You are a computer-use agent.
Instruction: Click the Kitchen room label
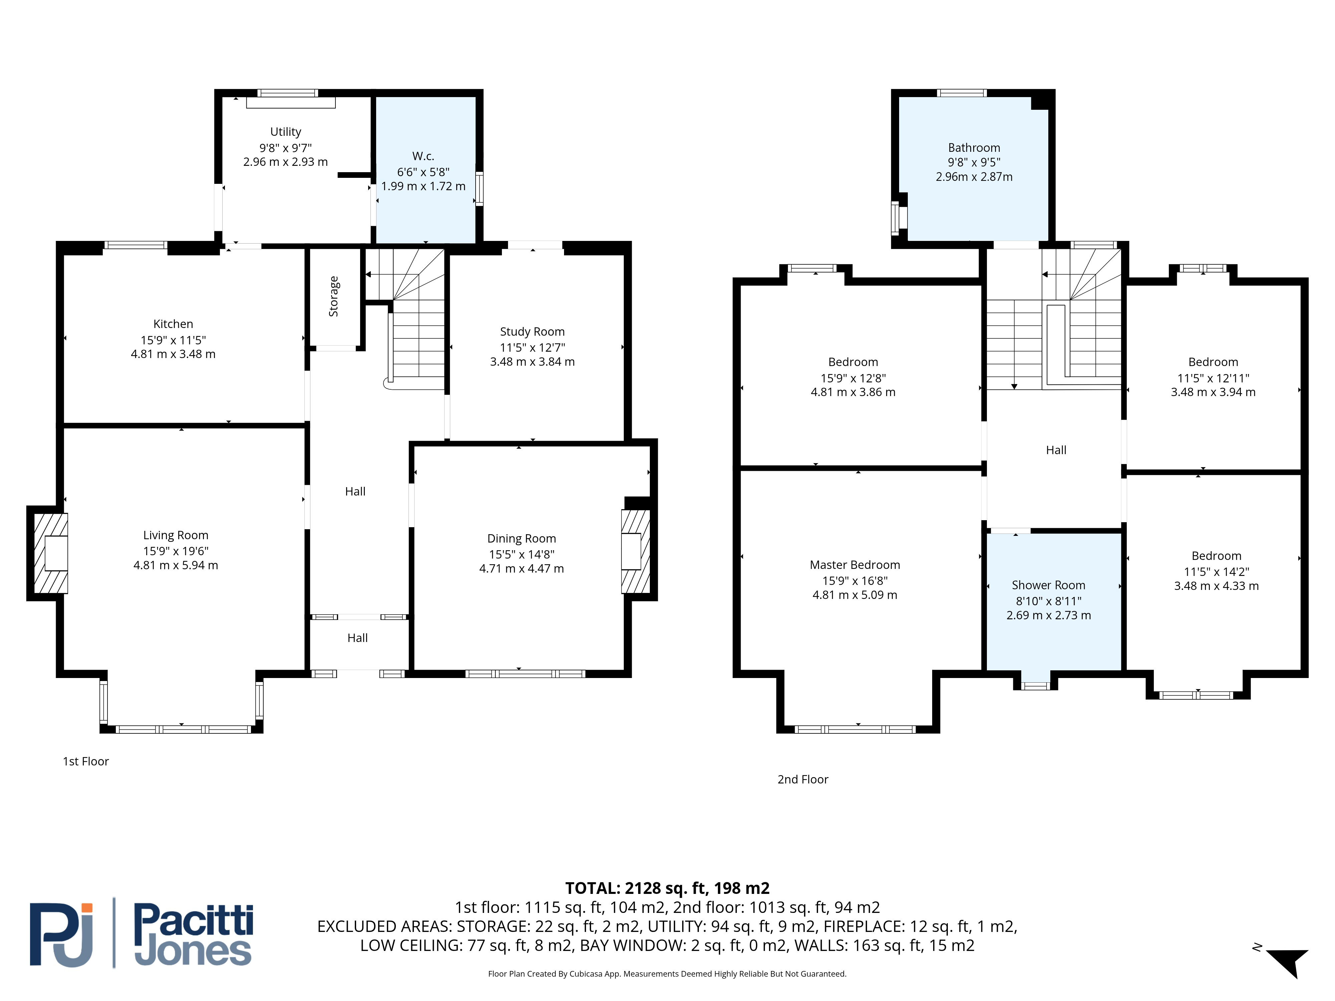click(173, 324)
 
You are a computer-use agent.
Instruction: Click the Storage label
click(333, 296)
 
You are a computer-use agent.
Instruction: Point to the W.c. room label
click(423, 156)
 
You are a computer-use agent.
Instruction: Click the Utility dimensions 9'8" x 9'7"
click(285, 147)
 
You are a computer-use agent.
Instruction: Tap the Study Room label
click(532, 332)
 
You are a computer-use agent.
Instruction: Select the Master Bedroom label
click(855, 565)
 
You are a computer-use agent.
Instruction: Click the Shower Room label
click(1048, 585)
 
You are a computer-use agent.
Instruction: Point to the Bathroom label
click(974, 148)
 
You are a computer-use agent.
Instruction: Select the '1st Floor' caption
click(86, 761)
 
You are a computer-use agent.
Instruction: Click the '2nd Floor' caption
click(803, 779)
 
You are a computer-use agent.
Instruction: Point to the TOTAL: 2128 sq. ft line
click(667, 888)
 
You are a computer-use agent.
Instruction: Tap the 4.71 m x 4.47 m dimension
click(521, 568)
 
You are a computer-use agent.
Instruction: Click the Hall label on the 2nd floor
click(1056, 450)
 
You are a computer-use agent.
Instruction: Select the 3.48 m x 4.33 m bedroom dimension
click(1216, 586)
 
